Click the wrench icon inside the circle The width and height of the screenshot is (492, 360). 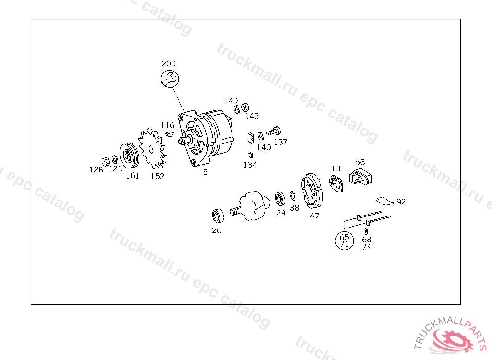(169, 79)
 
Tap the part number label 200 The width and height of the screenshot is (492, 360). (168, 64)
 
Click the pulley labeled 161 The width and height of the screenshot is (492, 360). (128, 155)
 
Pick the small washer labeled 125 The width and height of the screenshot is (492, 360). (115, 159)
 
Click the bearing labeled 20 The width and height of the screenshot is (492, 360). (218, 216)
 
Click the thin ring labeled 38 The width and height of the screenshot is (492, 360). (292, 196)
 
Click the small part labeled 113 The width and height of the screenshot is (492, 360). (336, 184)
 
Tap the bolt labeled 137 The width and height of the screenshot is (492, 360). (273, 130)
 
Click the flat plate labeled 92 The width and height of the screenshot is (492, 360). (384, 199)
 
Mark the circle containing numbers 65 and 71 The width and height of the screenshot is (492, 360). (344, 240)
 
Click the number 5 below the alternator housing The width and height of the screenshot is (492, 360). (205, 172)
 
